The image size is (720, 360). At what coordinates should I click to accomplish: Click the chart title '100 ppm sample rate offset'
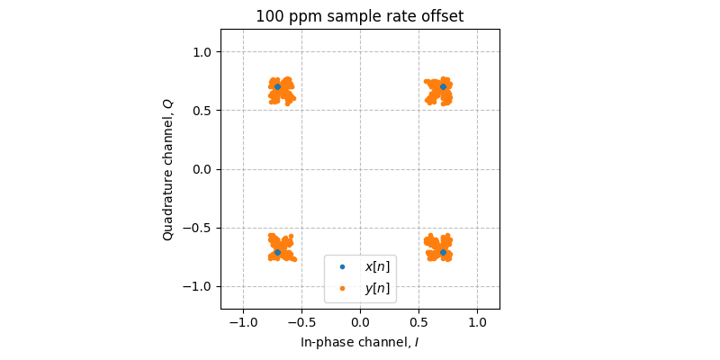(360, 16)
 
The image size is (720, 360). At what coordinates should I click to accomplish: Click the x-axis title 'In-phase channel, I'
(360, 342)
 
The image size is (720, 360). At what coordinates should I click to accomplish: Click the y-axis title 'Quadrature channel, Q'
(168, 169)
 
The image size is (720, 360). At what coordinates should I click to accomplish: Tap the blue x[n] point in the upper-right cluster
(443, 86)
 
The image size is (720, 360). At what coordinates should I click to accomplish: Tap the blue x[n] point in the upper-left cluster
(277, 86)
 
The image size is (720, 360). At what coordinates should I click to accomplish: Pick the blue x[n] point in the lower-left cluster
(277, 252)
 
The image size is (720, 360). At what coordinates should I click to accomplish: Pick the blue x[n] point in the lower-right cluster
(443, 252)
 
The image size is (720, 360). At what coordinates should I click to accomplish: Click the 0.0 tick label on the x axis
(360, 322)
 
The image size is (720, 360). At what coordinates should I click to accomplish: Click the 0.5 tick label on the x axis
(418, 322)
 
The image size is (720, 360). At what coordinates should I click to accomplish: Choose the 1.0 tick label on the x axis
(477, 322)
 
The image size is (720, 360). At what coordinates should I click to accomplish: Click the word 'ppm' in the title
(298, 17)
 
